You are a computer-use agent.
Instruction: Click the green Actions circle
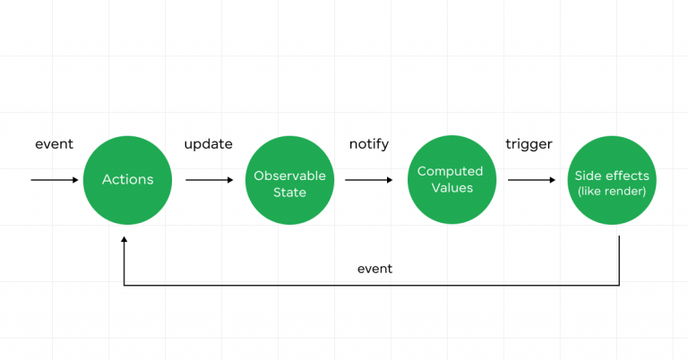pyautogui.click(x=127, y=180)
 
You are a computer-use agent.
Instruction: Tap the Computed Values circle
pyautogui.click(x=450, y=180)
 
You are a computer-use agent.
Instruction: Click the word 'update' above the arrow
pyautogui.click(x=208, y=144)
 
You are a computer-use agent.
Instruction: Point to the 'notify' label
pyautogui.click(x=369, y=144)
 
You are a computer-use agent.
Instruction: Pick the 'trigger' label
pyautogui.click(x=529, y=144)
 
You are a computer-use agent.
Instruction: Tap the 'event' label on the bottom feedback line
pyautogui.click(x=374, y=268)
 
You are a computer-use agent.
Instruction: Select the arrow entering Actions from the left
pyautogui.click(x=55, y=180)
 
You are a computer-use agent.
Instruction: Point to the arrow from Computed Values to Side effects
pyautogui.click(x=530, y=180)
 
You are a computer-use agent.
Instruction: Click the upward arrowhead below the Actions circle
pyautogui.click(x=124, y=240)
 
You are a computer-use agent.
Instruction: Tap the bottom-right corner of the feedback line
pyautogui.click(x=619, y=286)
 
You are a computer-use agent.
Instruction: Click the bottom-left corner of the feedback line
pyautogui.click(x=124, y=286)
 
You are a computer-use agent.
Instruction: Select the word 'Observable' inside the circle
pyautogui.click(x=289, y=176)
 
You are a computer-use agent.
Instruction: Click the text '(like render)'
pyautogui.click(x=612, y=191)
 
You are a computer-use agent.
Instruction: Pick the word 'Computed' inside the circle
pyautogui.click(x=450, y=171)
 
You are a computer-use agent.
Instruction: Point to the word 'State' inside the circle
pyautogui.click(x=289, y=193)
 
